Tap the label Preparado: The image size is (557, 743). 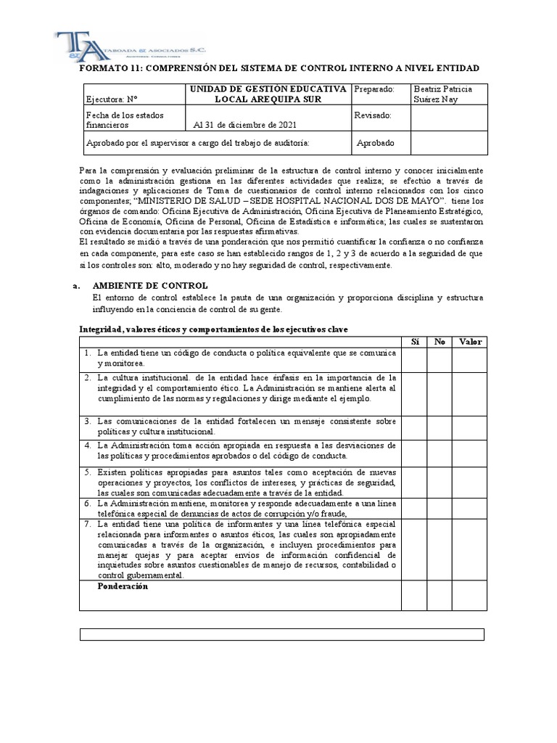pos(374,89)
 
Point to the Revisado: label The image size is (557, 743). pos(373,115)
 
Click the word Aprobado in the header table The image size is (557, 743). pos(376,143)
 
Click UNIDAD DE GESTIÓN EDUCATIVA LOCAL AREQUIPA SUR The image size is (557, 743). pos(268,94)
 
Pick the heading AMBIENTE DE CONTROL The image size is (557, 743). pos(150,286)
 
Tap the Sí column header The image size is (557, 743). pos(414,342)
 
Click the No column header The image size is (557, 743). pos(439,342)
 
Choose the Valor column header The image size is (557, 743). pos(469,342)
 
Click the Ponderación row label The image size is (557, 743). pos(123,586)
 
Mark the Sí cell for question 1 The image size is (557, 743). pos(414,358)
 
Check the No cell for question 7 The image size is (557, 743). pos(439,549)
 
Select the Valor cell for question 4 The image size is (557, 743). pos(469,452)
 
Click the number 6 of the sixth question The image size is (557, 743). pos(86,502)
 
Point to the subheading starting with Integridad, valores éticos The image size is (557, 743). pos(213,329)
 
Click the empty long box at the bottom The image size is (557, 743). pos(281,635)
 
